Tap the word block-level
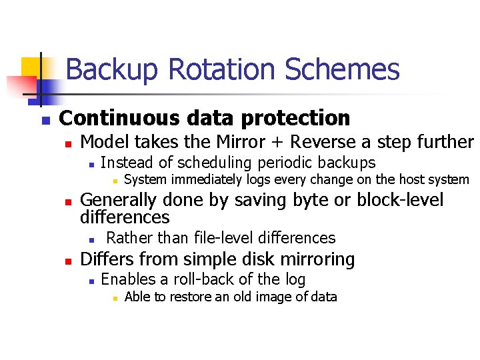point(400,200)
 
